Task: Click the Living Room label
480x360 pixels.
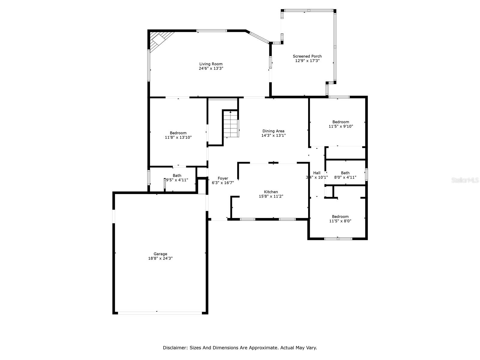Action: point(211,64)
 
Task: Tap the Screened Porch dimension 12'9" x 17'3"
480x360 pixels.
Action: point(307,61)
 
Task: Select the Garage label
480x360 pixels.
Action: point(160,254)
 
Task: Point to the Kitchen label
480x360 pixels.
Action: point(271,192)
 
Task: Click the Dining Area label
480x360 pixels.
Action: point(273,131)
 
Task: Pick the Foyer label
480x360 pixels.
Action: point(223,178)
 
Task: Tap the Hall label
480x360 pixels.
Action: point(317,173)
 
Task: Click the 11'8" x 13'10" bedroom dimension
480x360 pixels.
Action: point(178,137)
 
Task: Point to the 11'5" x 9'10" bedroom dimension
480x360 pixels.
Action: point(341,126)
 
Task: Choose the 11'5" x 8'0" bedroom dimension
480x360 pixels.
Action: point(340,221)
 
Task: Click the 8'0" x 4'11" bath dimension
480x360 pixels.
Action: point(345,177)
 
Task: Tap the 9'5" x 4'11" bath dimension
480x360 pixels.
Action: point(177,180)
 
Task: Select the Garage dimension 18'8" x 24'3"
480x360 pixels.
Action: point(160,258)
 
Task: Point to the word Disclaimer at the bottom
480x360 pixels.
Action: point(175,348)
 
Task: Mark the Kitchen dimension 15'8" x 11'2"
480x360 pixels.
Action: point(271,196)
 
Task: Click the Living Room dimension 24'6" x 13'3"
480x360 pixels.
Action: point(211,68)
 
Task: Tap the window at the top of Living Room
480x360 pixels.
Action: point(212,31)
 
